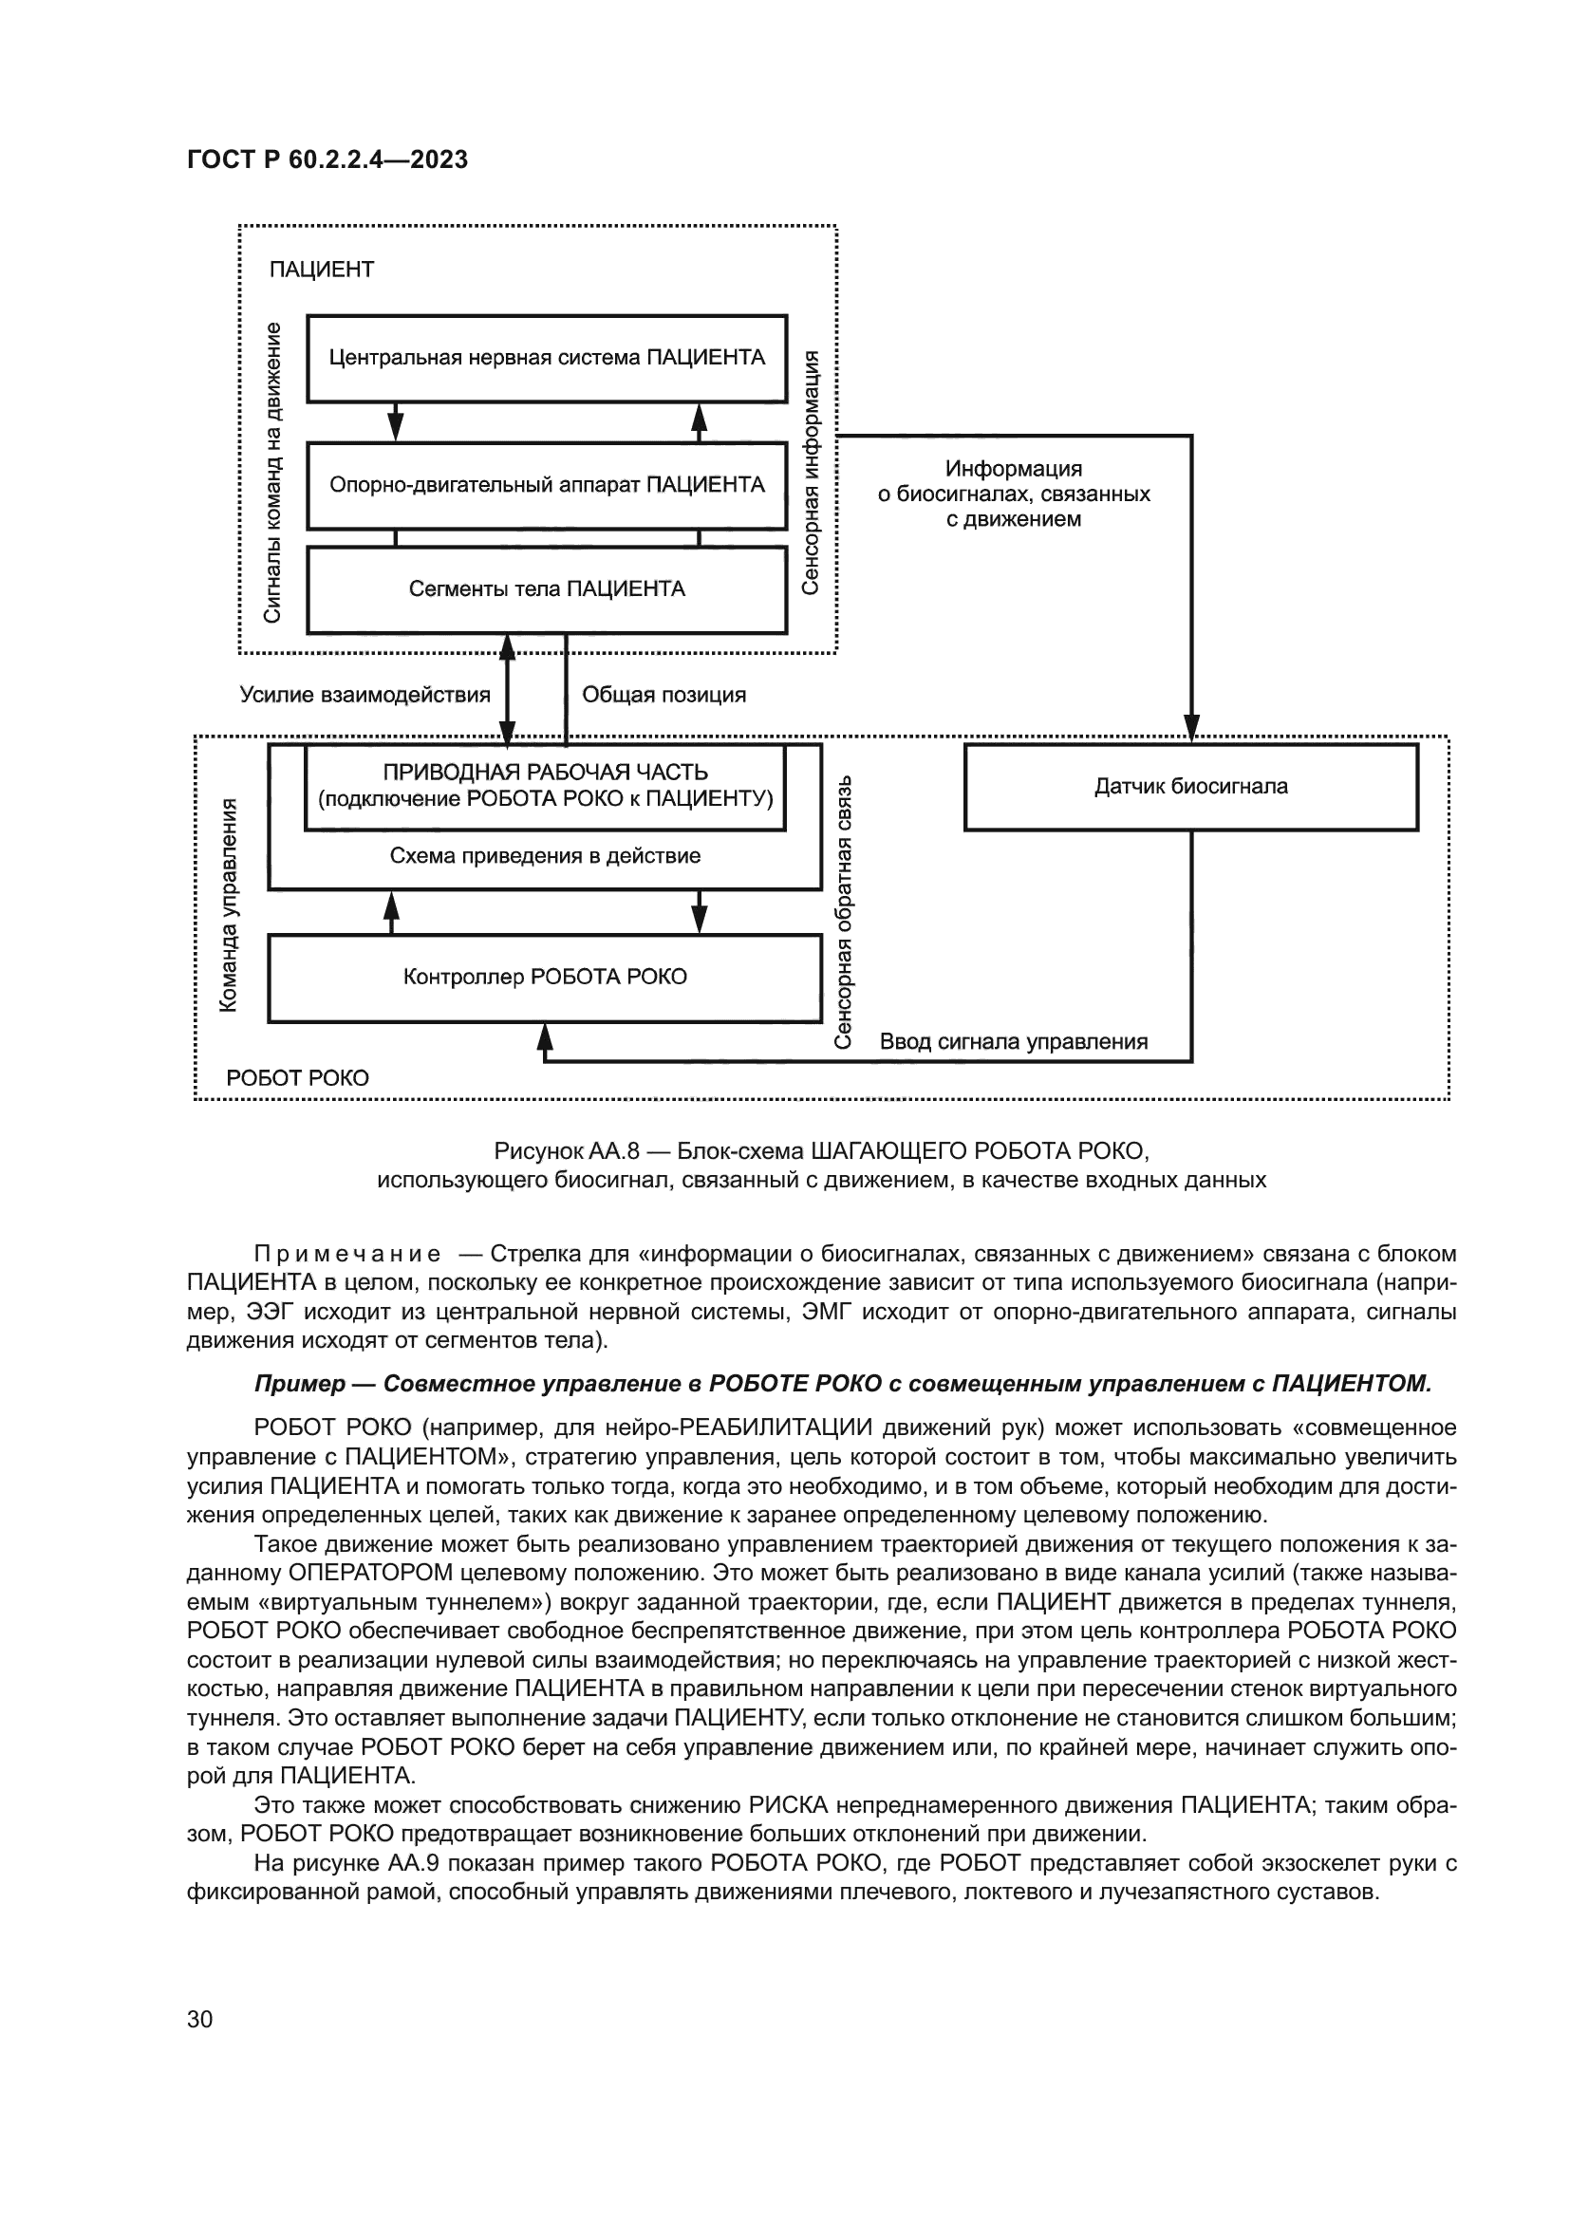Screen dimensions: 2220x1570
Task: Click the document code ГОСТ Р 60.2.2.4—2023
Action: click(327, 160)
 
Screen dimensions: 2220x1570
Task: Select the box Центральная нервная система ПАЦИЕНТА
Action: click(546, 358)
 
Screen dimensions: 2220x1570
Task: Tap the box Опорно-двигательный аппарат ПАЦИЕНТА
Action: click(546, 484)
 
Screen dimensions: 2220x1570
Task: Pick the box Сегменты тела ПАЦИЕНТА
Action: click(546, 588)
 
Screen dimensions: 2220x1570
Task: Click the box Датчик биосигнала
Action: click(1190, 786)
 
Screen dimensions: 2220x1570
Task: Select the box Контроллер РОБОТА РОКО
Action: click(544, 977)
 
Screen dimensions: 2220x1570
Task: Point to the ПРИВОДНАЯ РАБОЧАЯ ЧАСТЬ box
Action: click(545, 785)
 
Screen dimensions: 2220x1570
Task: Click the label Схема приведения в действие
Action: click(545, 856)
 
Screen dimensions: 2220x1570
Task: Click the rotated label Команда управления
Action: click(228, 905)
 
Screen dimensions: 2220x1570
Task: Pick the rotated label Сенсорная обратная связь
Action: click(843, 911)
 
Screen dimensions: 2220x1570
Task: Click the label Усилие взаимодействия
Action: click(364, 694)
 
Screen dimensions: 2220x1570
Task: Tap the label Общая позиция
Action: click(664, 694)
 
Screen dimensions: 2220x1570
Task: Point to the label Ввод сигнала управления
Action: click(1013, 1041)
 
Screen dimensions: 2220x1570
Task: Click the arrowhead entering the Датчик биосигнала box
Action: click(1191, 728)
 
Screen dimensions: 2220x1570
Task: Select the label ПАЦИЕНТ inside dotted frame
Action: click(321, 270)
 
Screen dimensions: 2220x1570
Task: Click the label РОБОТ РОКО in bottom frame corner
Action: click(298, 1078)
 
